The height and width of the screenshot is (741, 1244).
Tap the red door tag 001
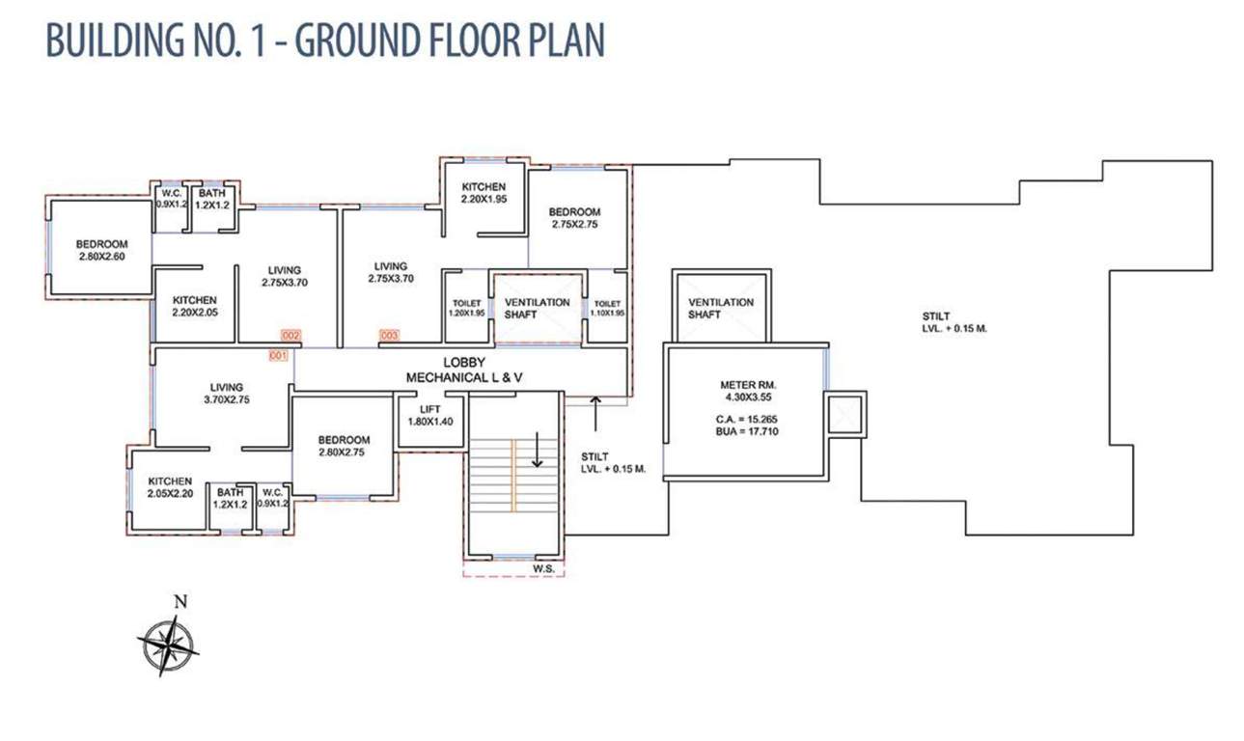(279, 356)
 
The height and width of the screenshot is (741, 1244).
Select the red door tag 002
(290, 335)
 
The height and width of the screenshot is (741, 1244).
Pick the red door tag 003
(389, 335)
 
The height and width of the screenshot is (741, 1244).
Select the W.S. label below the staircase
(543, 568)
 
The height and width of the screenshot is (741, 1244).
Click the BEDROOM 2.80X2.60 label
(101, 250)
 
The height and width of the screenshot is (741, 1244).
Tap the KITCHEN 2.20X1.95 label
(484, 193)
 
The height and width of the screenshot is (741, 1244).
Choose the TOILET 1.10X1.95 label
(608, 308)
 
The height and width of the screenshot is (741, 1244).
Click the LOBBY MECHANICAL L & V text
(464, 370)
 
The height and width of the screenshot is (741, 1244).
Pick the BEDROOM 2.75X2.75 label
(575, 218)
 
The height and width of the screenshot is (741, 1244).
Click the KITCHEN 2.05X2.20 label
(170, 487)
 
